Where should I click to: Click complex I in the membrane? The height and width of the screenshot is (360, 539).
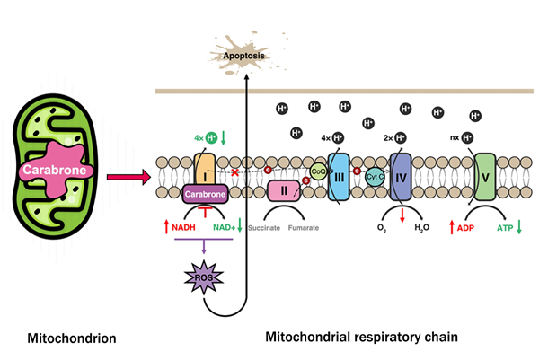pyautogui.click(x=203, y=167)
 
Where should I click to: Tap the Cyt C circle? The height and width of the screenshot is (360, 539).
pyautogui.click(x=376, y=179)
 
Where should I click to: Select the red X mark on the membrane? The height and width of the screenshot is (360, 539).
pyautogui.click(x=235, y=171)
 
